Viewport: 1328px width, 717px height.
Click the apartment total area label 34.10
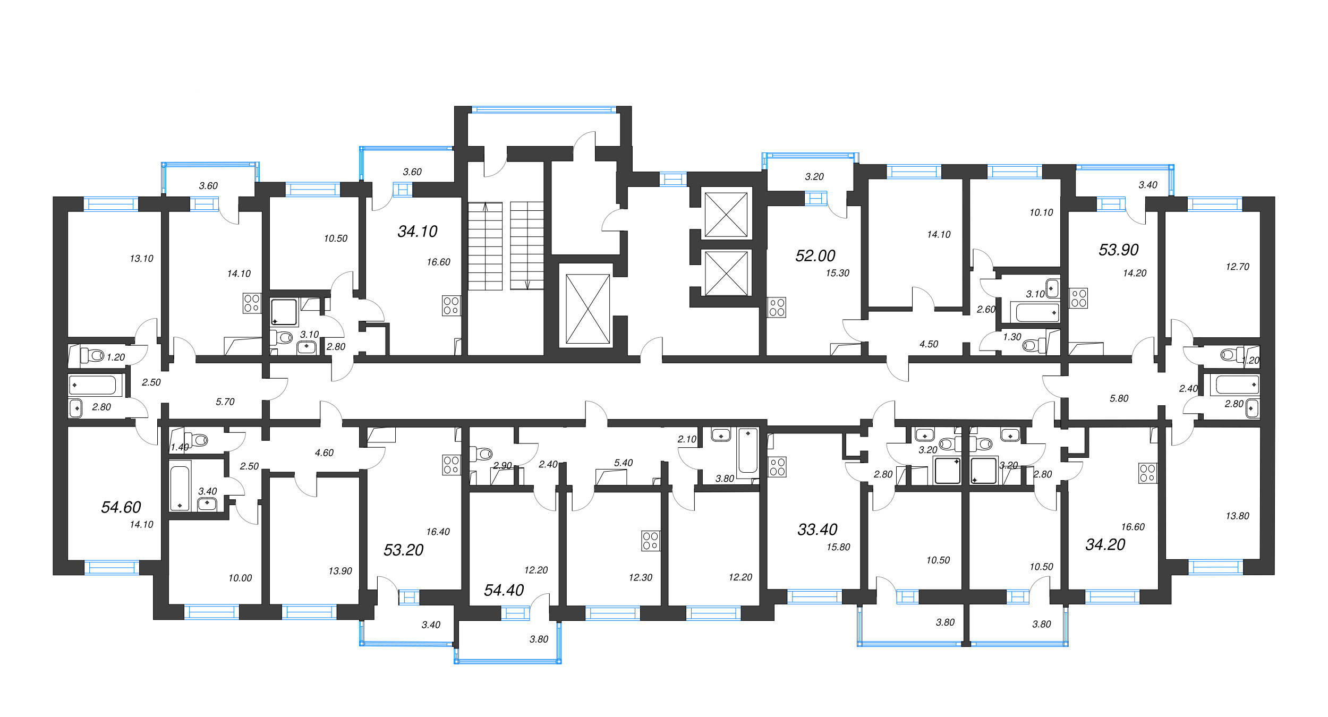(418, 232)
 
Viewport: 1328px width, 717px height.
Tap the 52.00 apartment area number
(815, 256)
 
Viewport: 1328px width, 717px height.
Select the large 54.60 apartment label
(121, 507)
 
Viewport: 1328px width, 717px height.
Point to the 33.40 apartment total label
(818, 530)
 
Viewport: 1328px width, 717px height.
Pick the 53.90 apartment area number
(1119, 250)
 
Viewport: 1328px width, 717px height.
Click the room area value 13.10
(141, 259)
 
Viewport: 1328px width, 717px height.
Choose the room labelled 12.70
(1238, 267)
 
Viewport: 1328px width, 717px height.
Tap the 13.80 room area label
(1238, 516)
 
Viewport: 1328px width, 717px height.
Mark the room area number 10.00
(240, 578)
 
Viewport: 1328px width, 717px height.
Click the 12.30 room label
(641, 577)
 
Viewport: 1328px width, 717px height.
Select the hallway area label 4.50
(929, 344)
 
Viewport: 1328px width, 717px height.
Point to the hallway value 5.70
(225, 402)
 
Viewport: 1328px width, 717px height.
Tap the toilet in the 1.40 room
(195, 440)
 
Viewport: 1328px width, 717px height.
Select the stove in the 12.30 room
(651, 541)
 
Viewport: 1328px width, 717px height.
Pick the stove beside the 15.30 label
(777, 308)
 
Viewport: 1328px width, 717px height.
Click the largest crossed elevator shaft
(588, 309)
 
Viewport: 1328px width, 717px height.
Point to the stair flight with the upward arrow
(485, 246)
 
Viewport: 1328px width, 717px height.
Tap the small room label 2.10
(687, 439)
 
